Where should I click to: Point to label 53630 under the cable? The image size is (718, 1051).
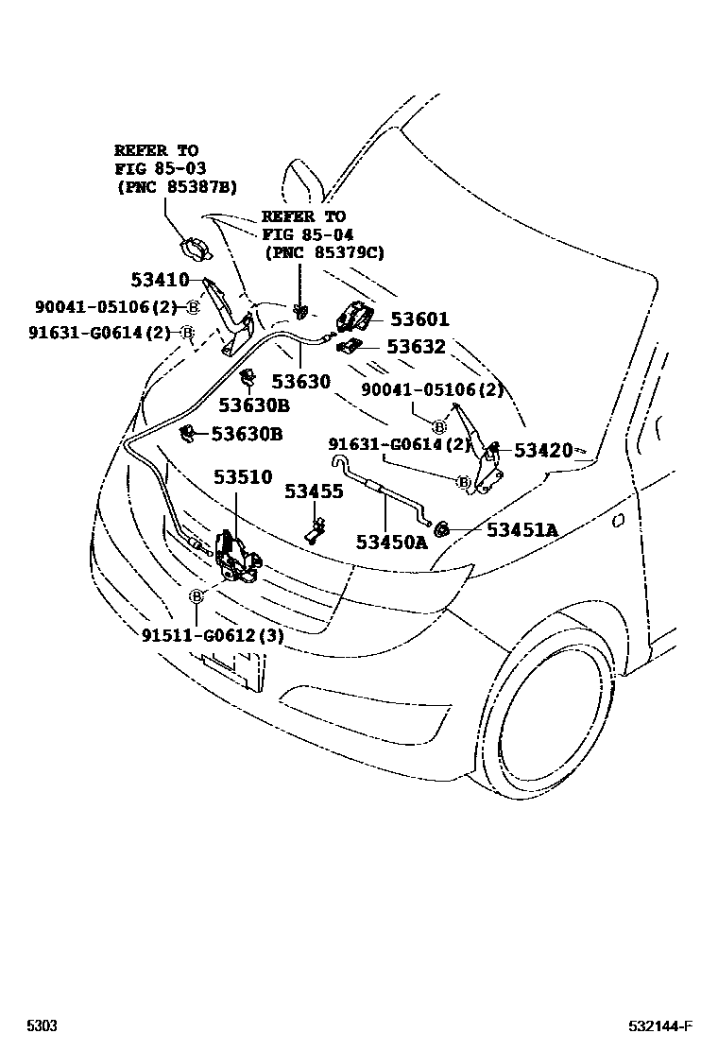[x=301, y=381]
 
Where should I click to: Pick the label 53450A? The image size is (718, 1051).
[x=391, y=542]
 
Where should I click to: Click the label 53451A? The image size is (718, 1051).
[x=521, y=529]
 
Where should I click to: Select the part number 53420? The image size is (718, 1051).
[x=543, y=450]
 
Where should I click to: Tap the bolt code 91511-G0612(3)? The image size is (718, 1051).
[x=213, y=636]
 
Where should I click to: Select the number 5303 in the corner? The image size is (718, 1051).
[x=41, y=1026]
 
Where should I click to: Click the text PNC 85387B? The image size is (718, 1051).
[x=177, y=187]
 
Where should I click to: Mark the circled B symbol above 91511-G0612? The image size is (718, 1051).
[x=196, y=596]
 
